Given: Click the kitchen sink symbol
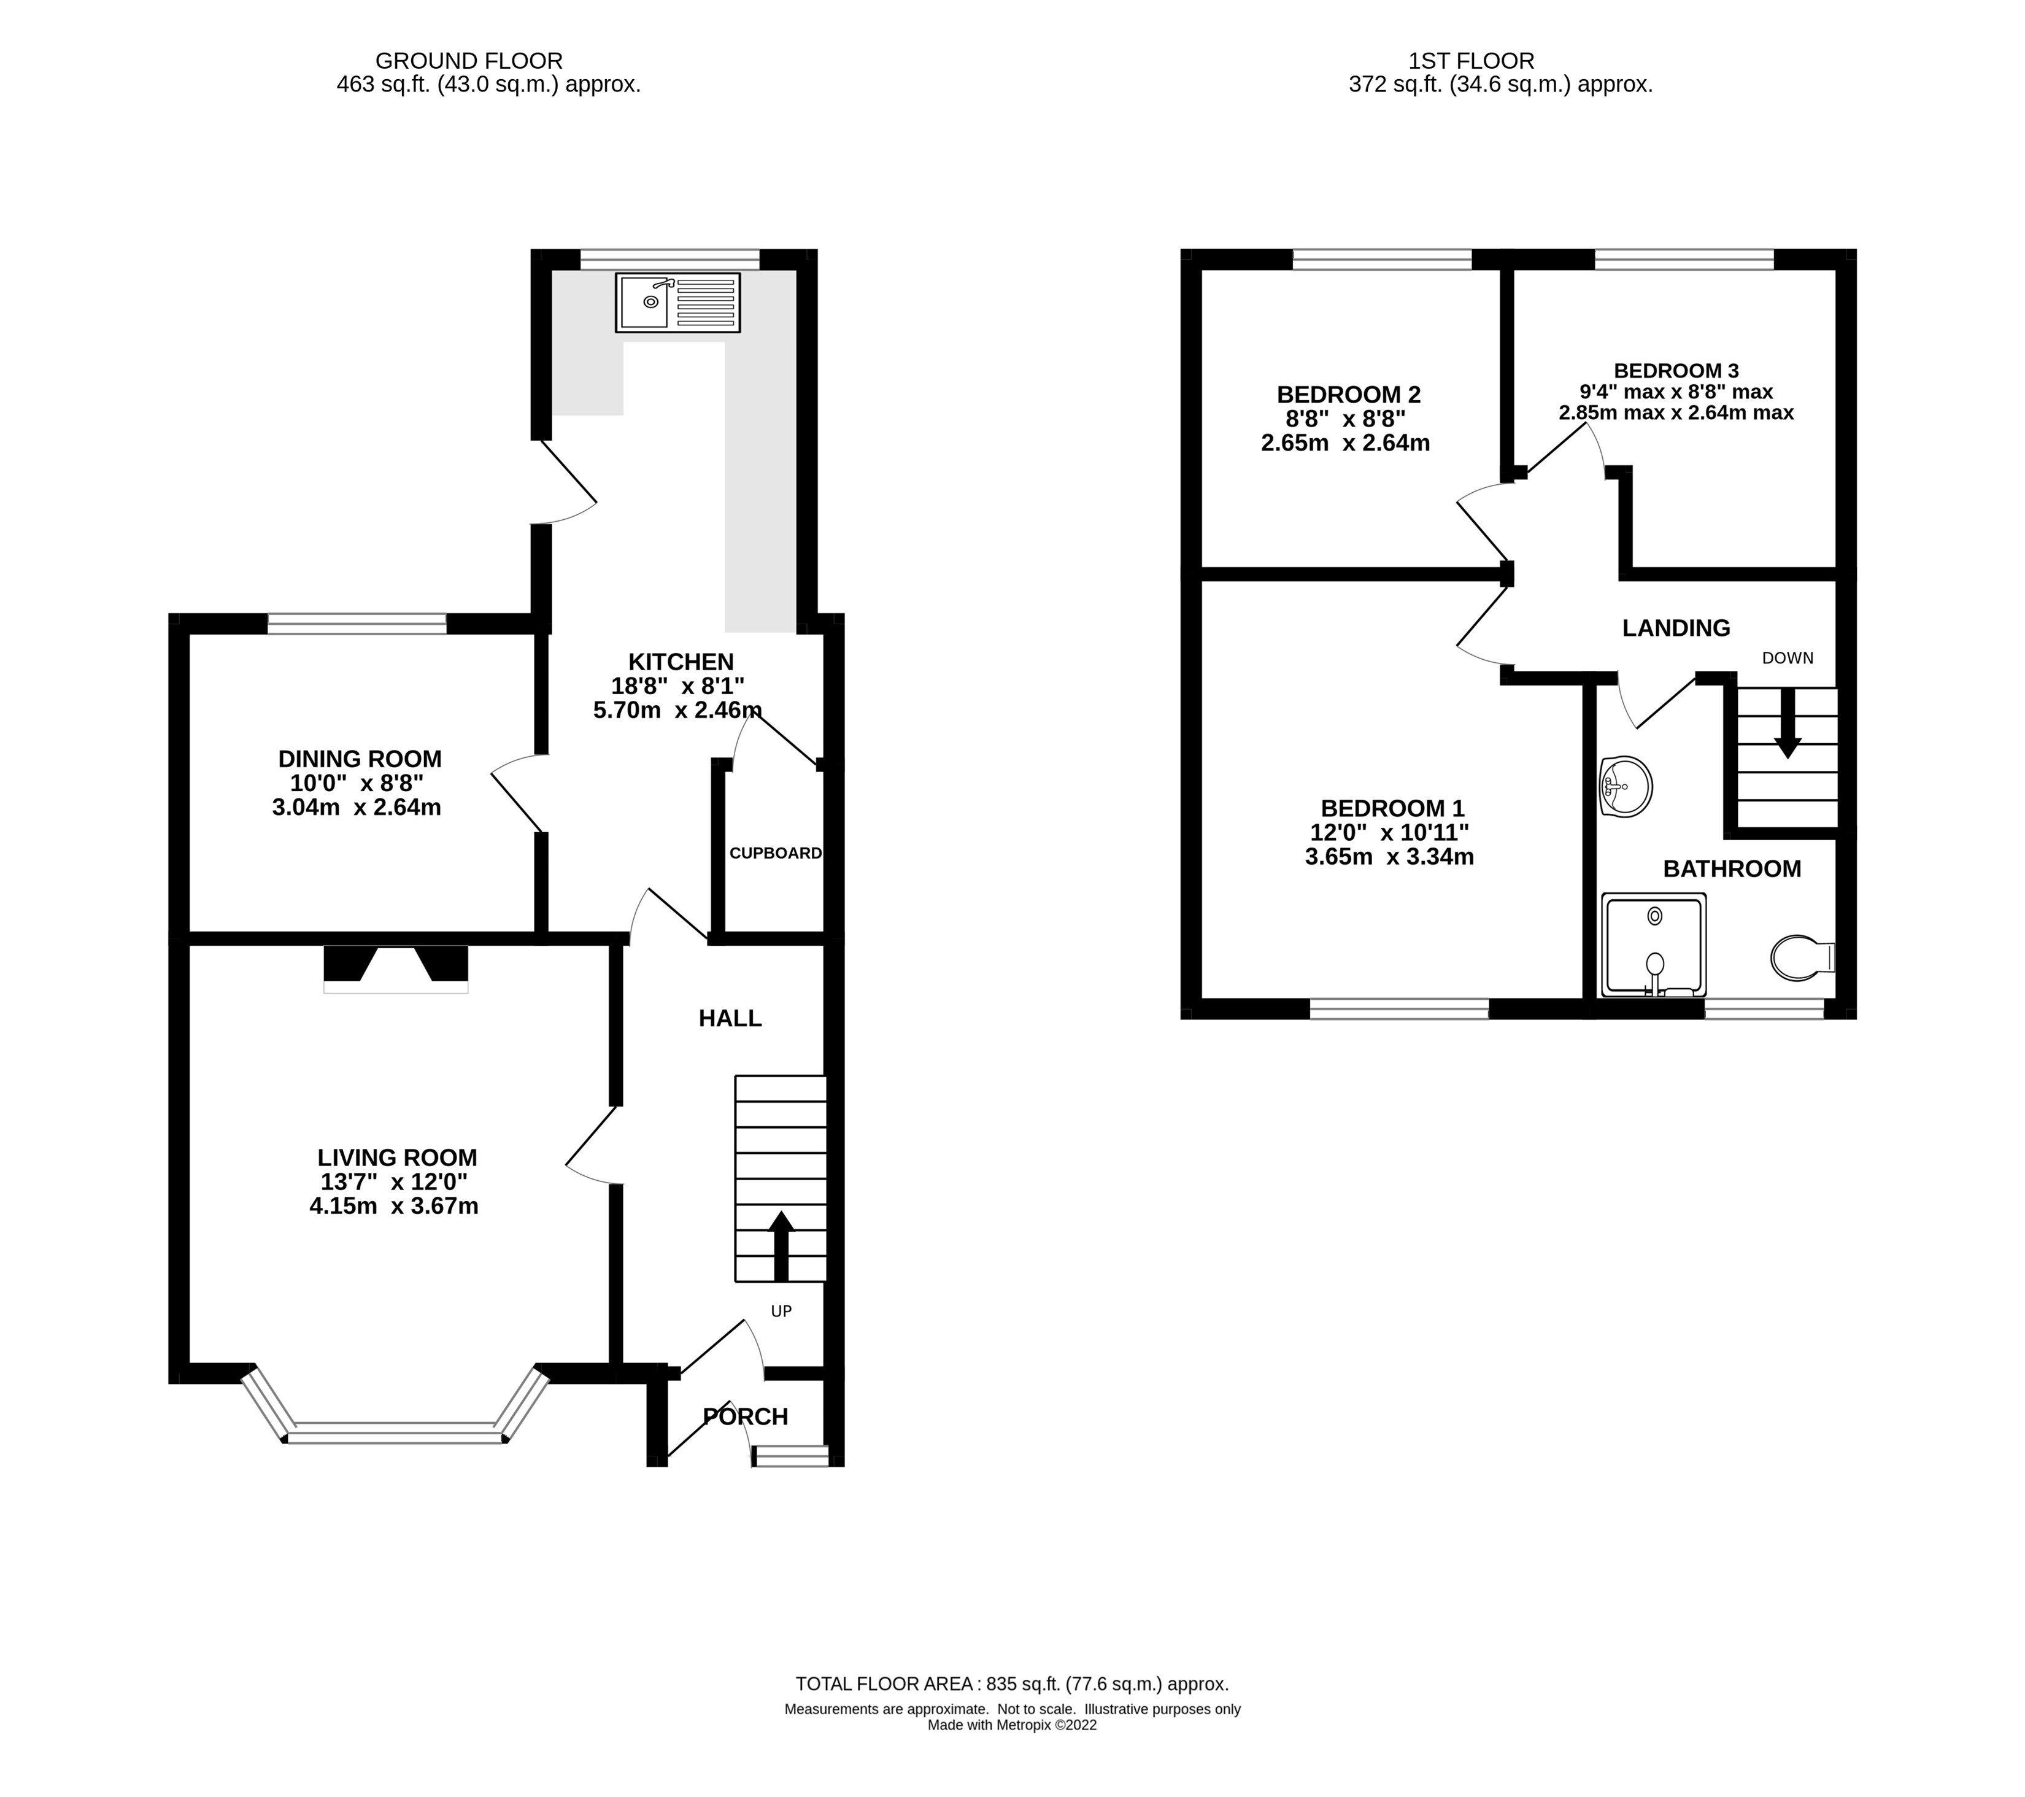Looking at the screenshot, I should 677,302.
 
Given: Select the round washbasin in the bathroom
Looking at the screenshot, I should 1626,787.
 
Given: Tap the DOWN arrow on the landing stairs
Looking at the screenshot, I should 1788,723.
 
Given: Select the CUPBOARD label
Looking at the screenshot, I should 776,853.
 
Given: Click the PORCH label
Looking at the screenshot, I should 745,1416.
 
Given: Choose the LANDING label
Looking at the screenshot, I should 1675,627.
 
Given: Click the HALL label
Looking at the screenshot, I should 730,1018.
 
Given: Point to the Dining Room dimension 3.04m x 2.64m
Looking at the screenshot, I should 357,808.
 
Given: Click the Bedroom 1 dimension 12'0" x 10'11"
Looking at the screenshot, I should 1389,832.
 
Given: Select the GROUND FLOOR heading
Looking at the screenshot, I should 469,60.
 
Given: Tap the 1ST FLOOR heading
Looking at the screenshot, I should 1471,60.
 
